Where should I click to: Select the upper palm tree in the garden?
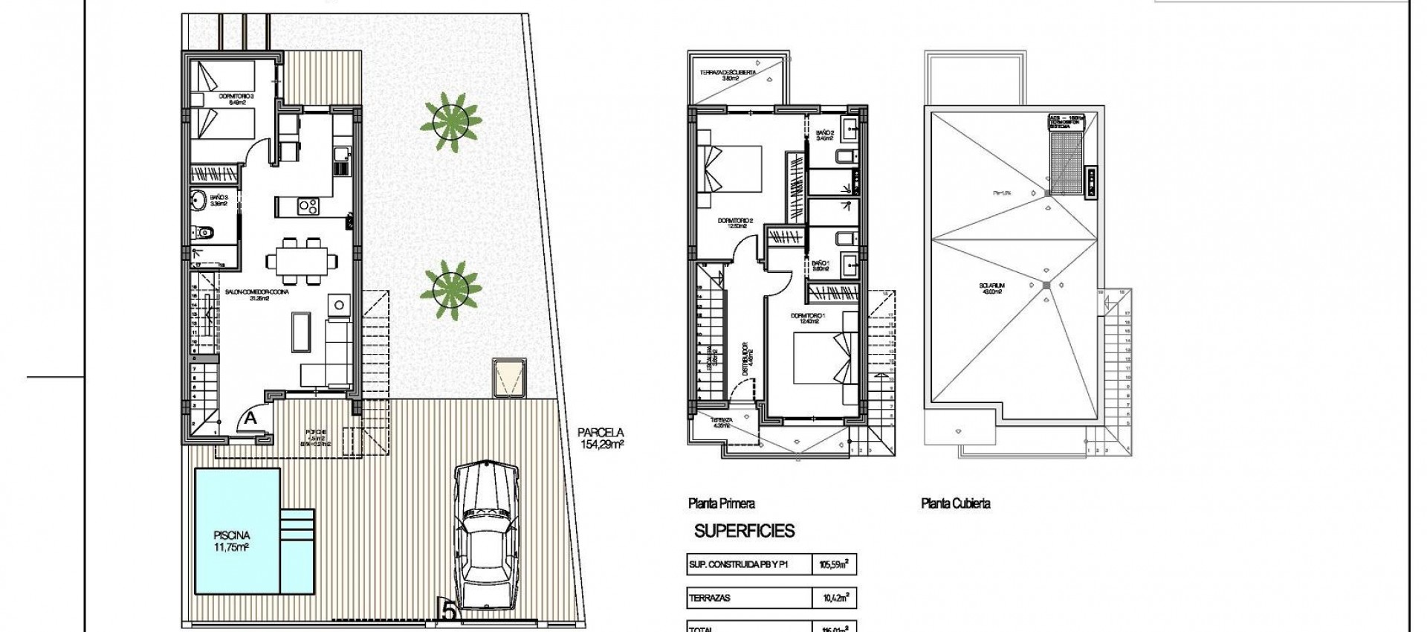point(450,119)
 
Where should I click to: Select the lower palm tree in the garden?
point(450,286)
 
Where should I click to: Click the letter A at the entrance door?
point(250,418)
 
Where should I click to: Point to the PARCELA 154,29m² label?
point(601,438)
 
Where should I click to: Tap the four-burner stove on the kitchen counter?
point(308,205)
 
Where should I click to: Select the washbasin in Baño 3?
point(198,199)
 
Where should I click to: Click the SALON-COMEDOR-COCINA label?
point(256,293)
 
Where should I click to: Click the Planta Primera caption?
point(721,503)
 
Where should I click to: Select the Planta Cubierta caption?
point(955,503)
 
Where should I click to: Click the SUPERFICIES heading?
point(744,531)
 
